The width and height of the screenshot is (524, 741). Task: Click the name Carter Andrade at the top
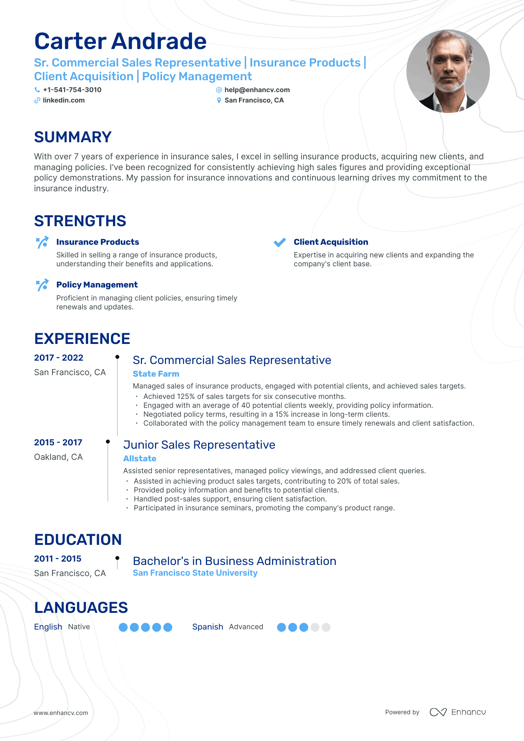120,41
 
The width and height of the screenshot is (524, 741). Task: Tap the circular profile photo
448,71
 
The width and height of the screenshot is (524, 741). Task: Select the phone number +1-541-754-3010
72,90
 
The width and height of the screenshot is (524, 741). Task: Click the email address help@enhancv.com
257,90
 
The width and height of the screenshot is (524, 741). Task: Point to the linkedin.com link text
64,100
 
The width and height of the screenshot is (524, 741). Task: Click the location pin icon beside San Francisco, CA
219,100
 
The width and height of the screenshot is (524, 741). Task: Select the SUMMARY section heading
73,137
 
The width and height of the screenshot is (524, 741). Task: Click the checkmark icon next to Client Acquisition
279,243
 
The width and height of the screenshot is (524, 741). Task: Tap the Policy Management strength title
97,285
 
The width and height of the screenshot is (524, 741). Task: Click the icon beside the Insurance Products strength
42,243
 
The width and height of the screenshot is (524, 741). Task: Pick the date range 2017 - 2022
59,358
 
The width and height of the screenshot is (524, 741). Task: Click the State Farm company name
156,374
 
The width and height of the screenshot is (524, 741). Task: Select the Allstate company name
140,459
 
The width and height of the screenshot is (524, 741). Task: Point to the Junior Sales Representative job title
199,445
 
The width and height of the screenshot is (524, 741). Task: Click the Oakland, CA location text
58,457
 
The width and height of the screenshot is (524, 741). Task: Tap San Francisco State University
195,573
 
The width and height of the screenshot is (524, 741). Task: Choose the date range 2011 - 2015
58,559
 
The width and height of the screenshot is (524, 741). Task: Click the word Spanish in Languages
207,627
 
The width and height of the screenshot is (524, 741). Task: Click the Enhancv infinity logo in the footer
438,712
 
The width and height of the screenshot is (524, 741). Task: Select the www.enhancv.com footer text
61,713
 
